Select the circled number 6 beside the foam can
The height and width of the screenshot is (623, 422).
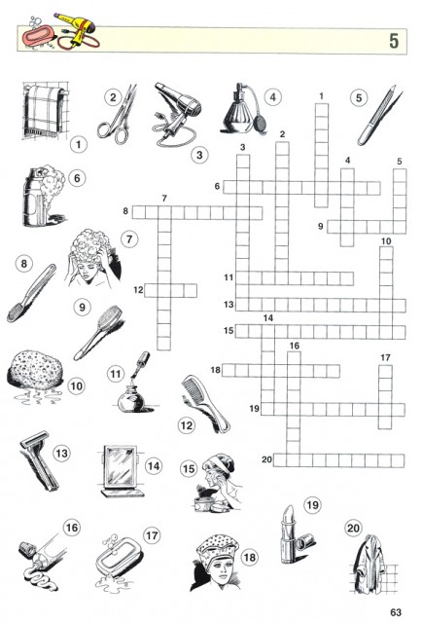[x=77, y=178]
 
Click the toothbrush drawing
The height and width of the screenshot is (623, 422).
[x=31, y=293]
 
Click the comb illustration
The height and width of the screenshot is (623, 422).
[x=205, y=403]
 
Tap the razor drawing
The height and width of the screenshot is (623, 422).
[x=39, y=460]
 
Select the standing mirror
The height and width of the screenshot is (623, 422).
[x=122, y=471]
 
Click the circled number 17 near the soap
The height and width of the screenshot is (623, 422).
[x=152, y=535]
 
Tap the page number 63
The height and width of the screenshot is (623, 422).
[x=396, y=612]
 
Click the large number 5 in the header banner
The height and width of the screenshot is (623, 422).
[x=394, y=41]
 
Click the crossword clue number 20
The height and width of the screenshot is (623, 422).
[x=266, y=459]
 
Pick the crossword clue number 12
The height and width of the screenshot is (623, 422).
[x=138, y=290]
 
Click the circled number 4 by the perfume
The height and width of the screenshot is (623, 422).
[x=272, y=97]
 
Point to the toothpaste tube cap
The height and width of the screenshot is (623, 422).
[x=27, y=548]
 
